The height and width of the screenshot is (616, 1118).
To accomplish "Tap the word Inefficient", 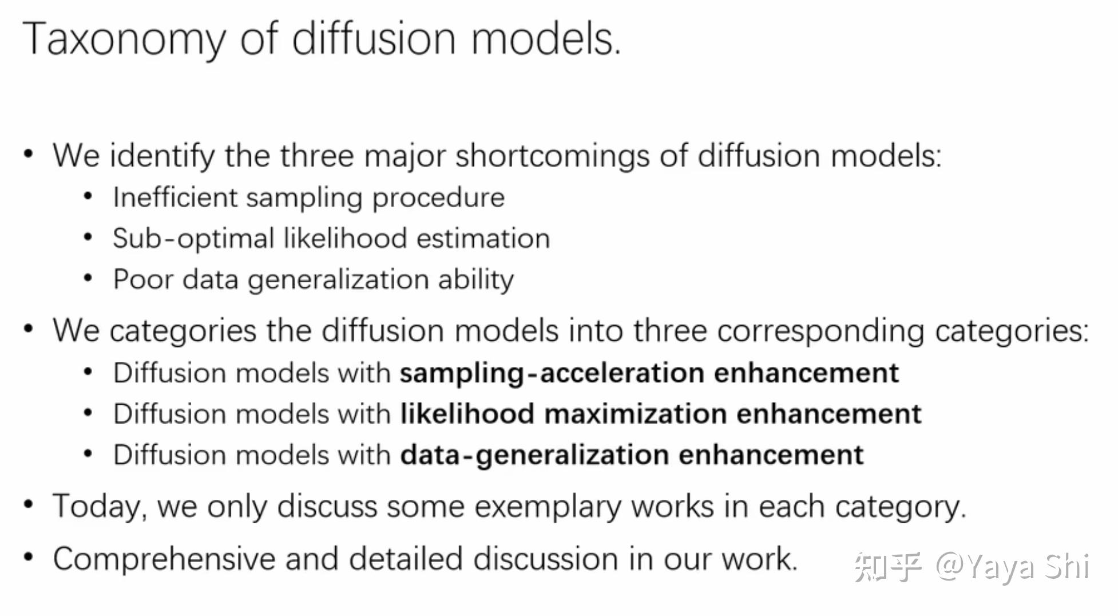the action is coord(175,198).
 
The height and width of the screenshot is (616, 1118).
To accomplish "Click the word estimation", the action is coord(483,238).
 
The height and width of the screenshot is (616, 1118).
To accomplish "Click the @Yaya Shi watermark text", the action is coord(1013,567).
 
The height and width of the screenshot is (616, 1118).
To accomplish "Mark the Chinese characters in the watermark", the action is coord(888,567).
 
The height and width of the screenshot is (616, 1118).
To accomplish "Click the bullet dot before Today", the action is coord(28,505).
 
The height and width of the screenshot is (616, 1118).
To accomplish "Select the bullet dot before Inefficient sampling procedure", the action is coord(88,196).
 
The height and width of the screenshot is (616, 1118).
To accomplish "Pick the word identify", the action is coord(162,156).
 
